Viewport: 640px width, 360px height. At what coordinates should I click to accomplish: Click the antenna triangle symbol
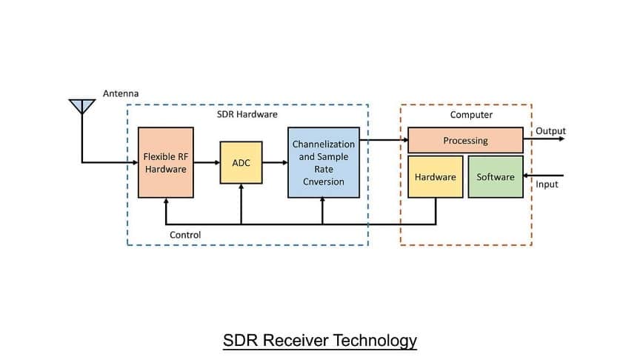click(x=82, y=105)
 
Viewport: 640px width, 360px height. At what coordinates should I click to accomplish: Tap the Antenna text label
click(x=121, y=93)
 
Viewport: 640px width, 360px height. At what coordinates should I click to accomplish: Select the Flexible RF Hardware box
click(x=166, y=162)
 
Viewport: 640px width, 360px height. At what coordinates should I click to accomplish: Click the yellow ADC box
click(x=241, y=162)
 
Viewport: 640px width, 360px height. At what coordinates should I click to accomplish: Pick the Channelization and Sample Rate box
click(x=323, y=162)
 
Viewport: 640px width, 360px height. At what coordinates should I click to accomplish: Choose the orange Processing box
click(x=465, y=140)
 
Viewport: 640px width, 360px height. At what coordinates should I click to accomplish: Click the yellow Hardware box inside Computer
click(x=435, y=176)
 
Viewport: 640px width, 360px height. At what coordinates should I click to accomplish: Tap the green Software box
click(x=496, y=176)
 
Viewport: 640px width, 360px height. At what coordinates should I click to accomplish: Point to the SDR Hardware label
click(x=247, y=116)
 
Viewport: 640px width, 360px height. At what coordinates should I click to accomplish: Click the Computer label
click(x=471, y=115)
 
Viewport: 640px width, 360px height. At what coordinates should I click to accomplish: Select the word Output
click(x=550, y=131)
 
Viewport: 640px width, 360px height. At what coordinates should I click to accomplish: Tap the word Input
click(x=547, y=184)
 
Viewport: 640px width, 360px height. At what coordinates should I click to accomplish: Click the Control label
click(x=185, y=235)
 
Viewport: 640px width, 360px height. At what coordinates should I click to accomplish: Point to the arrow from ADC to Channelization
click(x=275, y=162)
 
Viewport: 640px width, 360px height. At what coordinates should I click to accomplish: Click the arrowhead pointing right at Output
click(x=561, y=139)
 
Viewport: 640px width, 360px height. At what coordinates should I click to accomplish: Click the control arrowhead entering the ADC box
click(x=241, y=187)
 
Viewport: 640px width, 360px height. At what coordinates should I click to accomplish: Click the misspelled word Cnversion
click(x=324, y=181)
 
